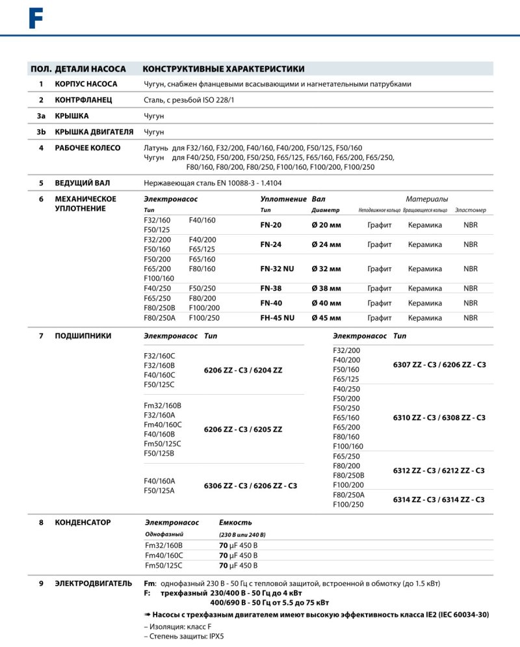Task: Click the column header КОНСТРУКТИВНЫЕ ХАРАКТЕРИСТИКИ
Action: tap(224, 69)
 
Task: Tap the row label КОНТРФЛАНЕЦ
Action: tap(84, 100)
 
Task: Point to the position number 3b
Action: tap(41, 132)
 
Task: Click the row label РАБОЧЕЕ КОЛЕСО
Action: tap(88, 148)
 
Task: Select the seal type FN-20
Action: tap(271, 225)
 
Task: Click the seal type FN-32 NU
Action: tap(277, 269)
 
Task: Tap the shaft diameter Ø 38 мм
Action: tap(326, 288)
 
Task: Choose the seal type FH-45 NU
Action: tap(277, 318)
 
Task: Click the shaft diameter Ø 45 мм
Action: tap(326, 318)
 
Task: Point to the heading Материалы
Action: tap(427, 199)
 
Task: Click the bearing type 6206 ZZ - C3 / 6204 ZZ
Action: tap(243, 370)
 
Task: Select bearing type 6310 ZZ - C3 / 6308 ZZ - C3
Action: tap(439, 417)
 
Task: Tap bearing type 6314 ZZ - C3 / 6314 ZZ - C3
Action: tap(439, 499)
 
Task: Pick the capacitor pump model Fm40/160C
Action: tap(164, 555)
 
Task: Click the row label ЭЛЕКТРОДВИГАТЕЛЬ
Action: tap(94, 583)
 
